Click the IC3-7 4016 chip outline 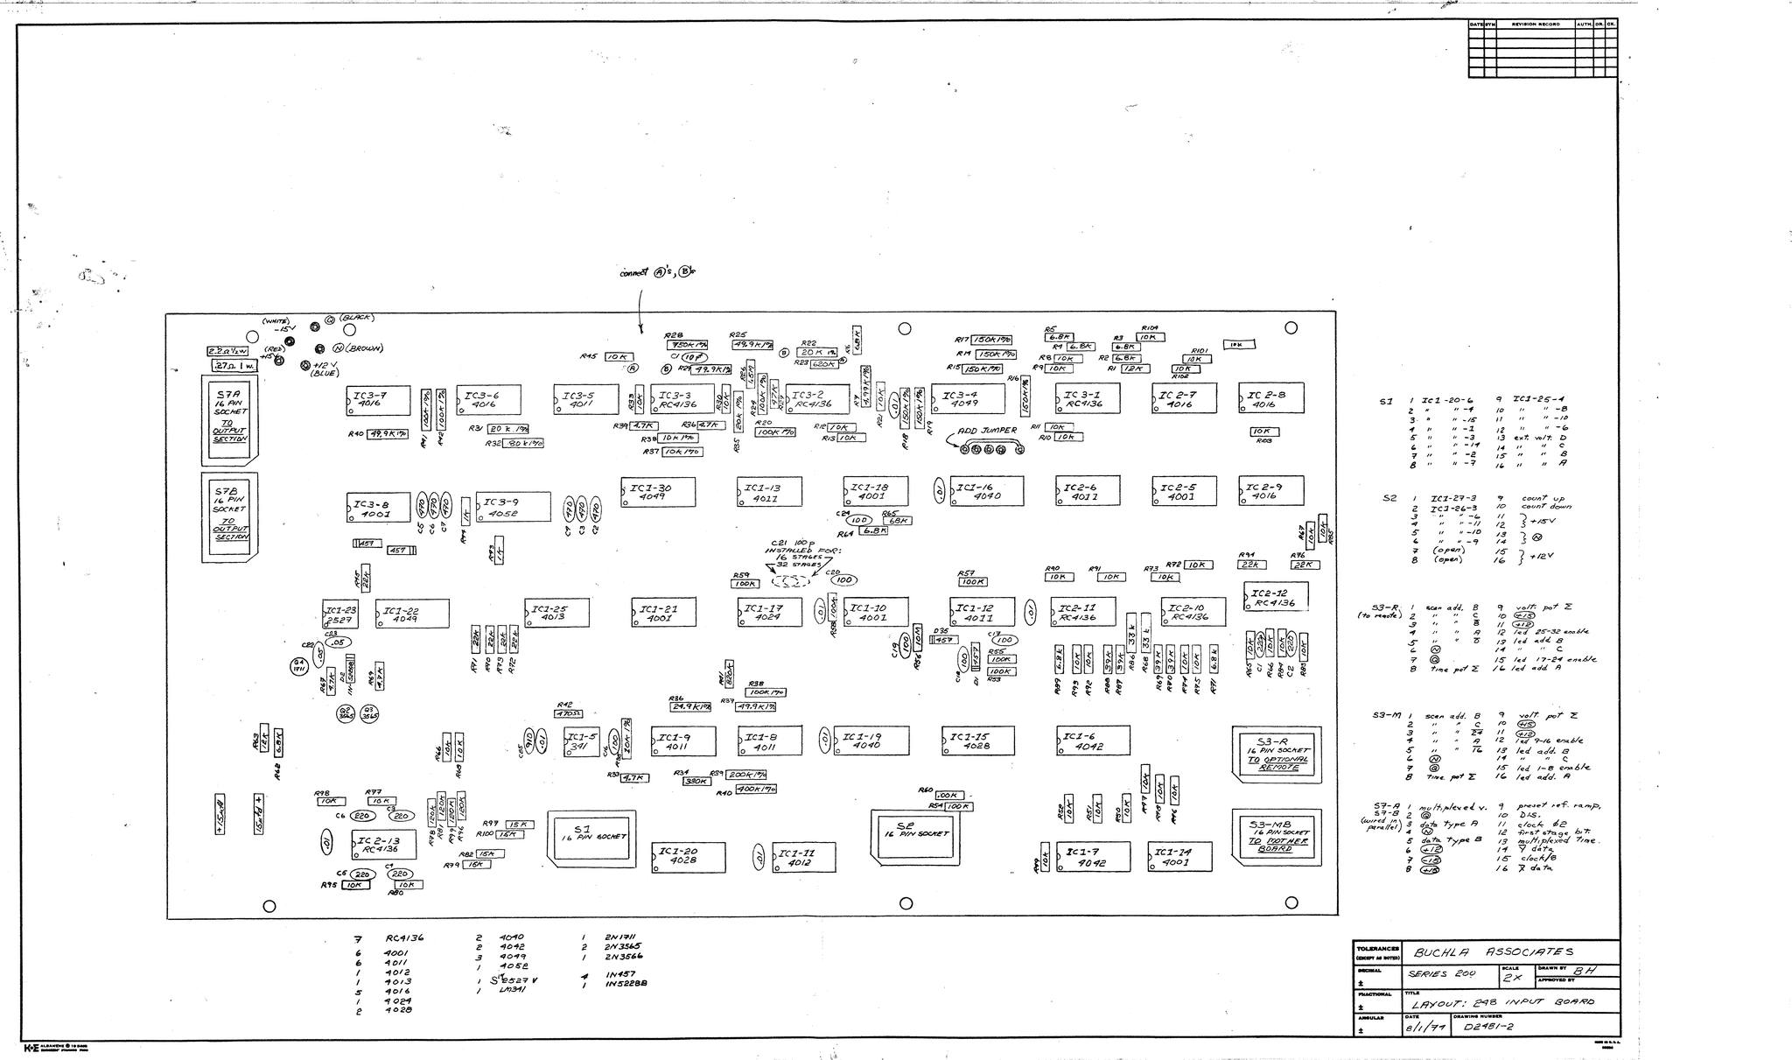click(x=378, y=401)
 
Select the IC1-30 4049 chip click(x=658, y=491)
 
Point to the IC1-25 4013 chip click(x=556, y=613)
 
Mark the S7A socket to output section click(x=232, y=417)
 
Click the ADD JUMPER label click(x=987, y=431)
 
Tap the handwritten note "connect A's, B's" click(x=656, y=272)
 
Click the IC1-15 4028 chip click(x=977, y=741)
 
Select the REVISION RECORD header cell click(x=1536, y=24)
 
